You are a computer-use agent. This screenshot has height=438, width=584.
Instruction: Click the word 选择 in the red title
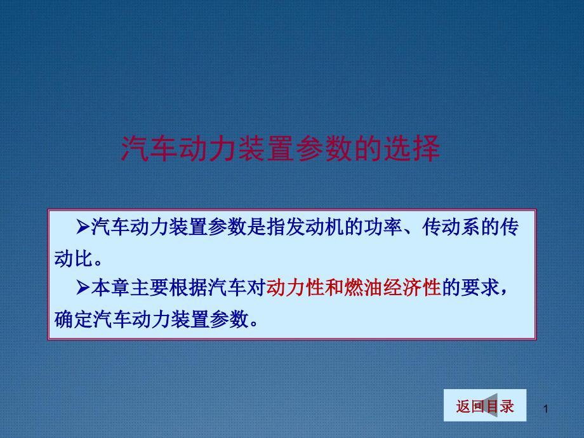point(412,149)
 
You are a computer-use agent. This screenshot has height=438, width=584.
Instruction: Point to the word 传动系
point(451,227)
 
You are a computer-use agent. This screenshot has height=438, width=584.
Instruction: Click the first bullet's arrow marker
point(83,227)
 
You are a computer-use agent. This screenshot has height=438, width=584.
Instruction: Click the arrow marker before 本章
point(83,288)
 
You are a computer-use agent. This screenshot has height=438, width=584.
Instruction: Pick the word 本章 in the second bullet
point(110,288)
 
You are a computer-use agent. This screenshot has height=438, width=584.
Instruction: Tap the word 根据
point(188,288)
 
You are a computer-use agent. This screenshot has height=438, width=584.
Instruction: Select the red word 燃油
point(363,288)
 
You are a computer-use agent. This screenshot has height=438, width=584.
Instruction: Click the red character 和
point(334,288)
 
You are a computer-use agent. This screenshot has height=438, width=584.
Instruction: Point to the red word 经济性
point(412,288)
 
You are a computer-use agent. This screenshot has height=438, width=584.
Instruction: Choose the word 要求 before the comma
point(480,288)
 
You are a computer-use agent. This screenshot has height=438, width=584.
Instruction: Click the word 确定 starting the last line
point(74,319)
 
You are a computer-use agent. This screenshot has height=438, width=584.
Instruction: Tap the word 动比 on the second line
point(74,258)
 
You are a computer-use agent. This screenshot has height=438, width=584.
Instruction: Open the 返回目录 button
point(485,405)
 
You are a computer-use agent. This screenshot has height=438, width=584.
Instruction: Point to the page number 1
point(546,409)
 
